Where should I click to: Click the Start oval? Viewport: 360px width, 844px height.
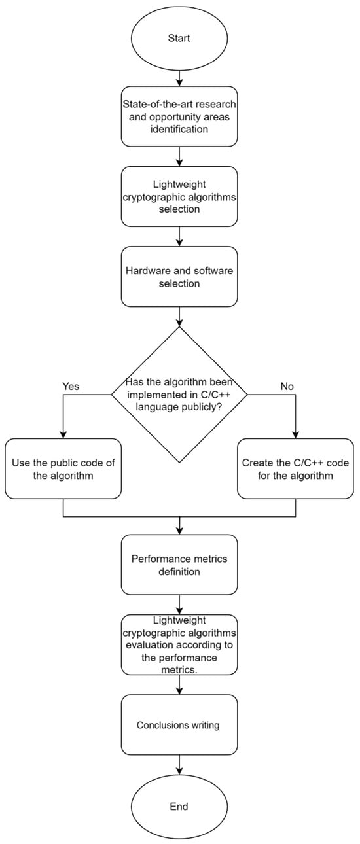[179, 39]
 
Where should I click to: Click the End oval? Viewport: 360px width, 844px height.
[179, 806]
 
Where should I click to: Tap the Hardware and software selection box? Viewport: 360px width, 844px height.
[179, 275]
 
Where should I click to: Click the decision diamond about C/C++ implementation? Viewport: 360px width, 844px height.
[179, 394]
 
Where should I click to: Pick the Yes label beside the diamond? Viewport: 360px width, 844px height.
[70, 386]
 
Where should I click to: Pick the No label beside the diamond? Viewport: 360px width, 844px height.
[287, 386]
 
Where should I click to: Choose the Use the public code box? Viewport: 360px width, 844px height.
[63, 468]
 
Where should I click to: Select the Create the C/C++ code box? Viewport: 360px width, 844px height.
[295, 468]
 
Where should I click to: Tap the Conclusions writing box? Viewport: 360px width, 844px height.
[179, 725]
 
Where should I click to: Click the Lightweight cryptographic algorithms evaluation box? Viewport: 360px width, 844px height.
[179, 644]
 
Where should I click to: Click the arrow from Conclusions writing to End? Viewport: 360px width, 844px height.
[179, 764]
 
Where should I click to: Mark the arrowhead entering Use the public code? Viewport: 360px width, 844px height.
[63, 434]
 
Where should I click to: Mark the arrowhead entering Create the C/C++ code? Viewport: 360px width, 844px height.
[295, 434]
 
